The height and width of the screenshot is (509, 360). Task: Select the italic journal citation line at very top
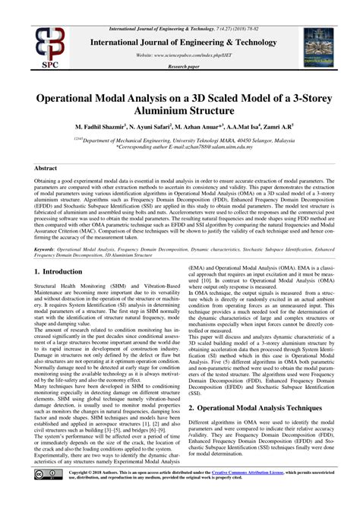tap(179, 5)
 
